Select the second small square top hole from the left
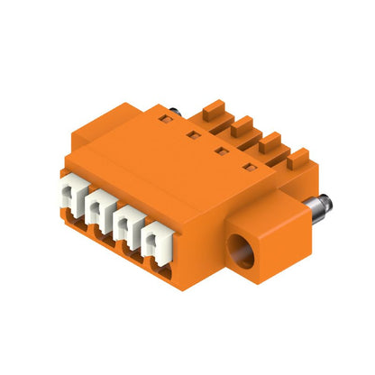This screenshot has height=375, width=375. pos(194,134)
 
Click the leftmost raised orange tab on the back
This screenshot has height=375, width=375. pos(212,105)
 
